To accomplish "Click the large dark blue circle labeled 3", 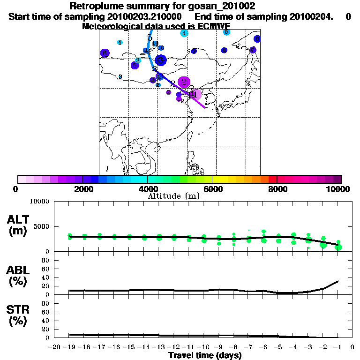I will [x=161, y=60].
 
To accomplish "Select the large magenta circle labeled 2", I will [x=184, y=82].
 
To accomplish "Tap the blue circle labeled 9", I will [x=257, y=39].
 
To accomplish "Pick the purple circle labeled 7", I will [x=253, y=50].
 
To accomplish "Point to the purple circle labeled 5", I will [x=135, y=65].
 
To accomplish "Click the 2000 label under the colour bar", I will [x=82, y=189].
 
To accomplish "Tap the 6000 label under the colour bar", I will [x=212, y=189].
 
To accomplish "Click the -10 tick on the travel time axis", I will [x=204, y=347].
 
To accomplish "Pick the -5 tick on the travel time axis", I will [x=278, y=347].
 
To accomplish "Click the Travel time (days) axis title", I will [x=205, y=356].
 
